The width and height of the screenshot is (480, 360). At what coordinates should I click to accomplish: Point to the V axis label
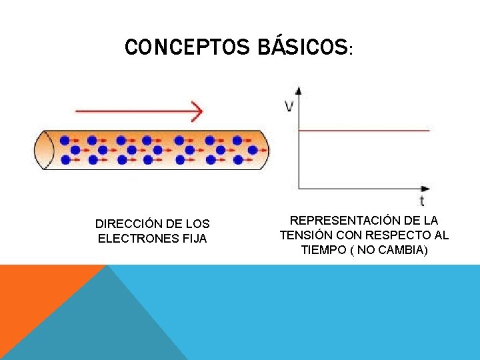[289, 106]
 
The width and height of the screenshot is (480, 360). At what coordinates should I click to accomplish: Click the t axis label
[422, 200]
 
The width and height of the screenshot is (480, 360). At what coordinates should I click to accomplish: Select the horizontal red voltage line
[363, 131]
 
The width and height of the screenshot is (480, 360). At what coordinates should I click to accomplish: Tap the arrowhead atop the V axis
[298, 91]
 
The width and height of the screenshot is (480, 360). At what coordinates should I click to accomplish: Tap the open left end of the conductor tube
[44, 149]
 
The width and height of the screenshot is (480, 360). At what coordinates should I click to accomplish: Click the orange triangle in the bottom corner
[33, 293]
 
